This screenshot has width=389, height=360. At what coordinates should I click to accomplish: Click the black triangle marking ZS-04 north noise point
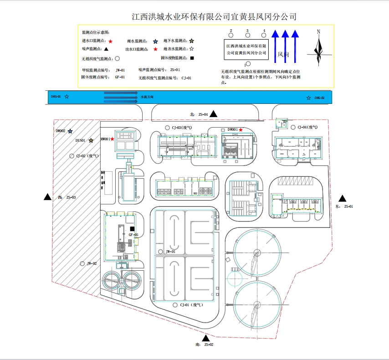(x=213, y=114)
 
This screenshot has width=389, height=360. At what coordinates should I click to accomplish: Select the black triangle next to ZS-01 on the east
(x=343, y=198)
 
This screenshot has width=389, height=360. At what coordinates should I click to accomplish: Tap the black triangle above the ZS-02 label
(x=206, y=338)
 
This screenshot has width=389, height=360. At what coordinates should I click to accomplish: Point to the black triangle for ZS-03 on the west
(x=47, y=197)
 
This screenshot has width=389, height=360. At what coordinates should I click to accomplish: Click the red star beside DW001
(x=241, y=130)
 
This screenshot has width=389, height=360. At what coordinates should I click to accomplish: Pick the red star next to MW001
(x=112, y=139)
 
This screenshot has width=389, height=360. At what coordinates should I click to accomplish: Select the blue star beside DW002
(x=70, y=131)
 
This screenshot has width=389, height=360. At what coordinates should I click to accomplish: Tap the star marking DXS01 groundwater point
(x=91, y=140)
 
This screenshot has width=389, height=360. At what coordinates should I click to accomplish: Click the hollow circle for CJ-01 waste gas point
(x=175, y=304)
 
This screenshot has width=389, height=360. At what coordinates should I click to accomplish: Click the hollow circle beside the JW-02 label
(x=82, y=263)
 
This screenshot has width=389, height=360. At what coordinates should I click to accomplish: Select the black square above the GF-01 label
(x=132, y=228)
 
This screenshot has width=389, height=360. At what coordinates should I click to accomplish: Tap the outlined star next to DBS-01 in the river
(x=67, y=97)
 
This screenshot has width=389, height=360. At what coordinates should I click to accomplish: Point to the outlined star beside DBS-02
(x=308, y=98)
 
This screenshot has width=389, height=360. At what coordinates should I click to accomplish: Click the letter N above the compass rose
(x=318, y=32)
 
